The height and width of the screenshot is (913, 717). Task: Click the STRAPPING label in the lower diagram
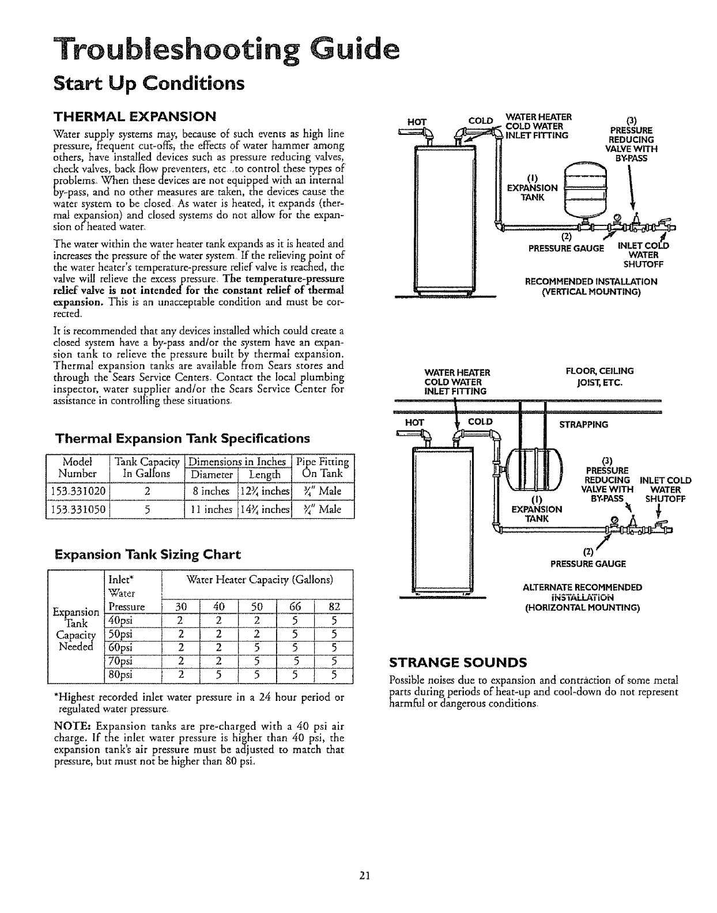(584, 425)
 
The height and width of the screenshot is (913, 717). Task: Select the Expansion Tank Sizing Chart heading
(146, 555)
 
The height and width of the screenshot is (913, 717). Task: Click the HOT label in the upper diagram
(416, 122)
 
